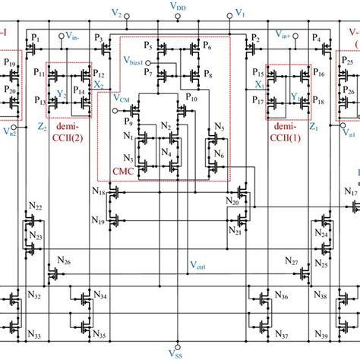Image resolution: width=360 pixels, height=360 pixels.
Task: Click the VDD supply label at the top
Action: tap(180, 7)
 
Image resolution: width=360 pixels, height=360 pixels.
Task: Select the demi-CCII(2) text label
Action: tap(68, 135)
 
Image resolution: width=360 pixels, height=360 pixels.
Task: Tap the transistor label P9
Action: tap(137, 120)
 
